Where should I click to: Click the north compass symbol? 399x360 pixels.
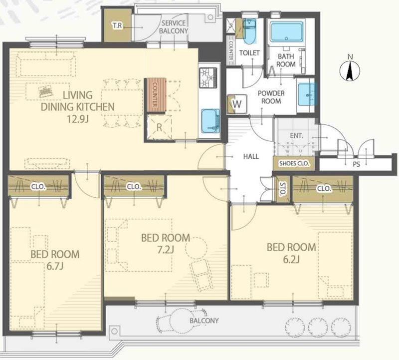350,69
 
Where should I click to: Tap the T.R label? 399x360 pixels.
117,25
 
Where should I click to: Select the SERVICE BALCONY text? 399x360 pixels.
174,27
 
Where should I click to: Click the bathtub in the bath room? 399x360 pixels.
286,31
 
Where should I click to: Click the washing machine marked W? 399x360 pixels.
237,104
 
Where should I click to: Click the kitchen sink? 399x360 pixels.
210,121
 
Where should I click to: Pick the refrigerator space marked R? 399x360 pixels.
159,127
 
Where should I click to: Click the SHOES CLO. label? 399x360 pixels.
294,163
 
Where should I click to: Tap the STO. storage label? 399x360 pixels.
282,189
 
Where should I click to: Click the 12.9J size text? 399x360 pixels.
77,119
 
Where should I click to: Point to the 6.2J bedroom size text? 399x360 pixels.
291,259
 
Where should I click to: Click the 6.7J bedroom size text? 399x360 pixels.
55,266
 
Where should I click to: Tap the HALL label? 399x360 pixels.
251,156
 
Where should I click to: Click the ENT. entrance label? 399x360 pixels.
297,136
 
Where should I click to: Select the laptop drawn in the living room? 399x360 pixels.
45,91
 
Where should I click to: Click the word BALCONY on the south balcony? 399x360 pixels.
204,321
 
